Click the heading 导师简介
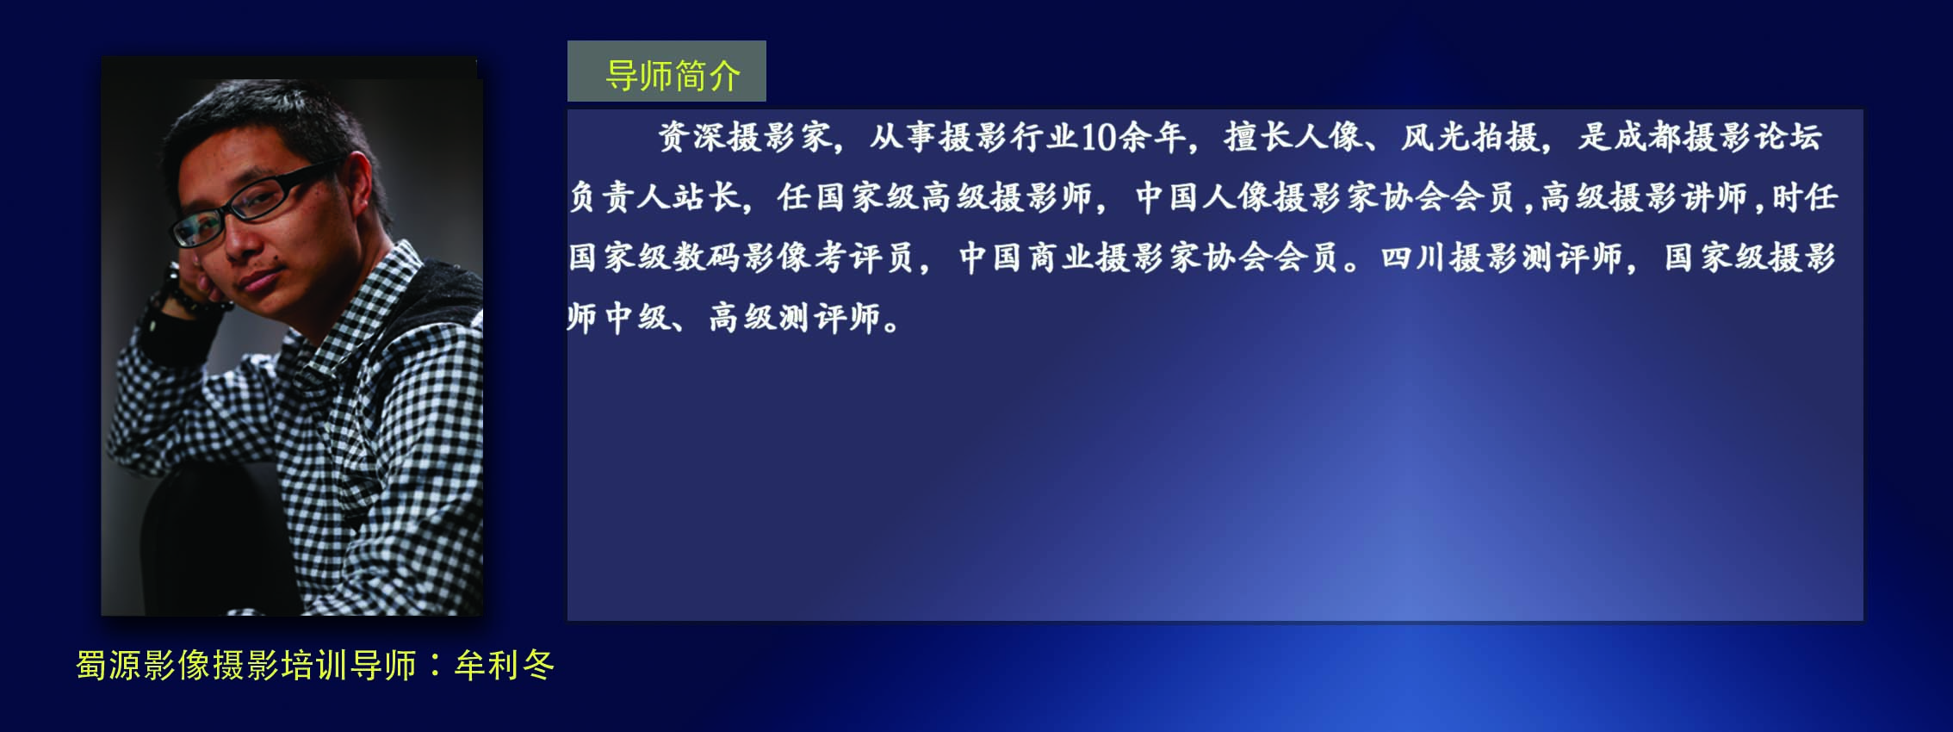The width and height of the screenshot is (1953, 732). [x=673, y=75]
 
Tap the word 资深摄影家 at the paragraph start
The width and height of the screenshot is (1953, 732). [x=744, y=137]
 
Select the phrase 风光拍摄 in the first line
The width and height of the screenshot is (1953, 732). [x=1469, y=137]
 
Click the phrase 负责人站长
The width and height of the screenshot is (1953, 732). [x=654, y=197]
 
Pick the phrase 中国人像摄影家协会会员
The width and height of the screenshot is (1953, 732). [x=1324, y=197]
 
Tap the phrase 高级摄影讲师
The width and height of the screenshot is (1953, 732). [x=1643, y=197]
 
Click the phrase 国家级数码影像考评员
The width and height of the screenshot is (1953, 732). [x=741, y=257]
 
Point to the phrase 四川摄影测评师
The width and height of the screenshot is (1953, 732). [x=1501, y=257]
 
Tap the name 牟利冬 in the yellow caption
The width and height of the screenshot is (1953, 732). [x=505, y=665]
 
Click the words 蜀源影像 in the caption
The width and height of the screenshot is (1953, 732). [x=143, y=665]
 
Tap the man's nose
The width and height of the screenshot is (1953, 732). [x=244, y=238]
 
